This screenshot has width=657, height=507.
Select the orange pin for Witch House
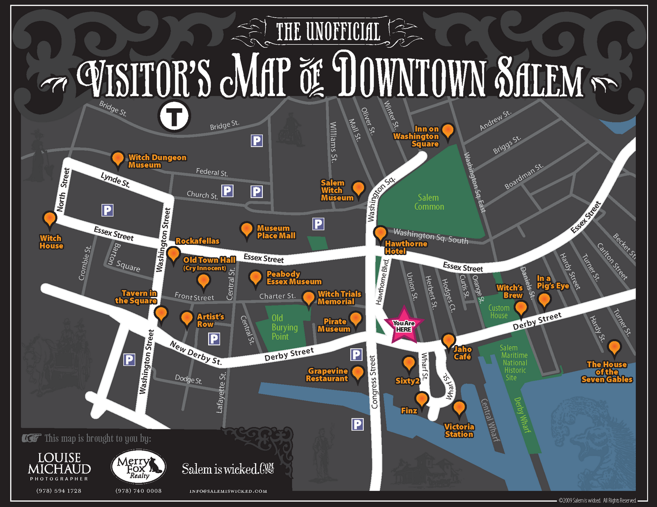[x=50, y=219]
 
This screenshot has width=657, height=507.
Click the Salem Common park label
[x=429, y=202]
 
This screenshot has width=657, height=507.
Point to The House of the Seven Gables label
[x=606, y=372]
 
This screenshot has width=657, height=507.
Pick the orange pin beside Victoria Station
[x=459, y=408]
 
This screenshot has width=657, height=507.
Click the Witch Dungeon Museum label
[x=157, y=161]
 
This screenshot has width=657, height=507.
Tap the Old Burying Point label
[x=284, y=327]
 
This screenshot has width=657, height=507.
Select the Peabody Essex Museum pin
[x=255, y=278]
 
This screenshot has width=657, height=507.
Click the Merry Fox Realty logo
[x=138, y=467]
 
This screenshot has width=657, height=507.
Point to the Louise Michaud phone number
[x=59, y=491]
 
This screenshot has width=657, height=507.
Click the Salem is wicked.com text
[x=228, y=469]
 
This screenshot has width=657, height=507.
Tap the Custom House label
[x=498, y=312]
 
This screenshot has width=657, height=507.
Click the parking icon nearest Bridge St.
[x=257, y=141]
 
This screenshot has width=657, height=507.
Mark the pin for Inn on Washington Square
[x=448, y=130]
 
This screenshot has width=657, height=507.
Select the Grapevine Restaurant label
[x=327, y=375]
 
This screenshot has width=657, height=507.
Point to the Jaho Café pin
[x=448, y=340]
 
